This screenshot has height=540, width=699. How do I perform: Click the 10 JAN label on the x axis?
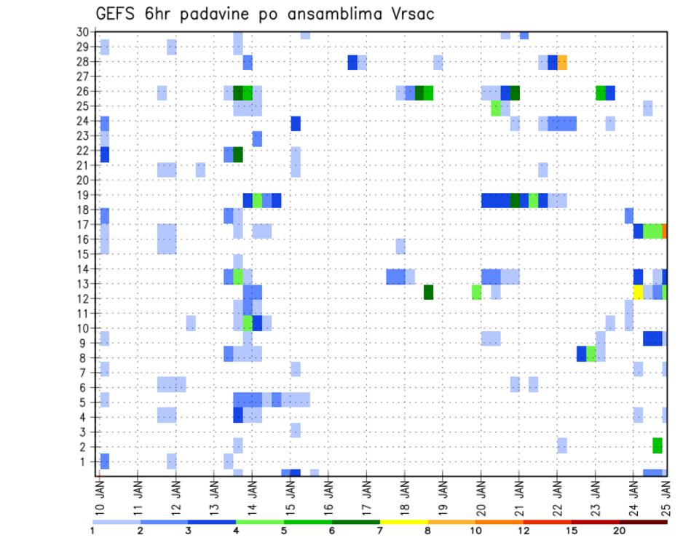click(100, 493)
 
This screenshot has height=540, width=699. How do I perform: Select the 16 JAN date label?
click(329, 493)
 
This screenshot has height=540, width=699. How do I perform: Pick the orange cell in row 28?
click(562, 63)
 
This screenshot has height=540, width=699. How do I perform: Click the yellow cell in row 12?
click(638, 292)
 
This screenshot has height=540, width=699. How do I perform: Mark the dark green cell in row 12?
click(429, 292)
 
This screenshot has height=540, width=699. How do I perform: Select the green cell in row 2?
click(657, 445)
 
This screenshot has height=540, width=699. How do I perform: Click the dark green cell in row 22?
click(238, 154)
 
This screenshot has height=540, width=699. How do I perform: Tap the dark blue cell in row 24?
click(296, 124)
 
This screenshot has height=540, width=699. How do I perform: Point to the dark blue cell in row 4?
click(238, 415)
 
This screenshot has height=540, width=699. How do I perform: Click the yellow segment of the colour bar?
click(403, 522)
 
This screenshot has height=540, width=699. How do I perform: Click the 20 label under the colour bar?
click(619, 531)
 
